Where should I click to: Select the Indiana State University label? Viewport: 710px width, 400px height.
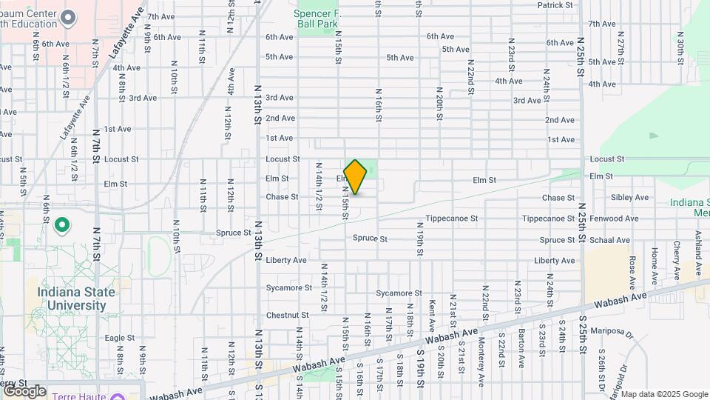click(76, 299)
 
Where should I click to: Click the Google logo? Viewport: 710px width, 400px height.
click(24, 391)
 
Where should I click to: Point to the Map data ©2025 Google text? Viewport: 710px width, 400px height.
click(663, 393)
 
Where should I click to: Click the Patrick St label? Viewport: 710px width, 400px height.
click(555, 5)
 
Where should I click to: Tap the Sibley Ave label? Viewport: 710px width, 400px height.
click(629, 198)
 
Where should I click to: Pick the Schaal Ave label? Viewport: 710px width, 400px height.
click(609, 240)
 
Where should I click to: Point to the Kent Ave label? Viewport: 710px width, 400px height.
click(432, 315)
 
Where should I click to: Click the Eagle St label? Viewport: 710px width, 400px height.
click(119, 338)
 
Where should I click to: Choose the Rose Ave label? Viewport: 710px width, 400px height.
click(632, 273)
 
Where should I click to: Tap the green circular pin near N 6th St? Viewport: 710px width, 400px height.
click(63, 224)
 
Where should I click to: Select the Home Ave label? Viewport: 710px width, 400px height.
click(655, 267)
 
